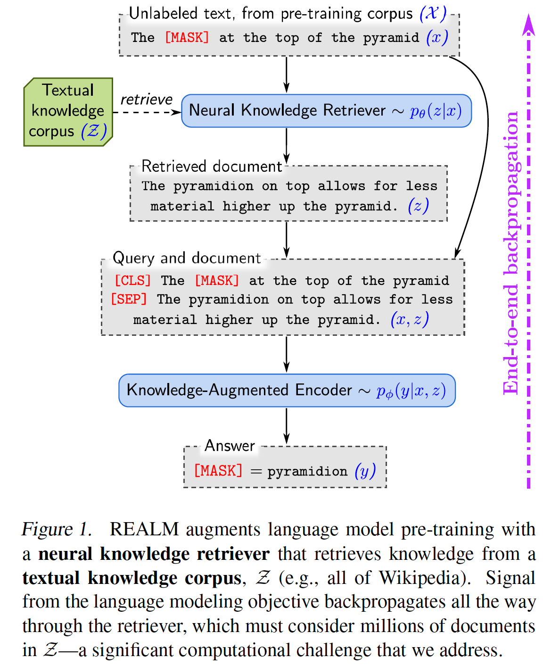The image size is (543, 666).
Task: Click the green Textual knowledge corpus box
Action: (68, 112)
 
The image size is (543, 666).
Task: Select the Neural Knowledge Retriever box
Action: (326, 111)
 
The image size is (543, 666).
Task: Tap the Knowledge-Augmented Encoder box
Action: (287, 391)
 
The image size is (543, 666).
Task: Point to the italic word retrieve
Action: (146, 100)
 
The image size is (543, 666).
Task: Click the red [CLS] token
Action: (132, 281)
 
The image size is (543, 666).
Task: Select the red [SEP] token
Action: (129, 300)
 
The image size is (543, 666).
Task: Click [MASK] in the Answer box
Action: (218, 471)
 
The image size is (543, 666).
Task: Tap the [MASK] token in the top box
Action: (187, 38)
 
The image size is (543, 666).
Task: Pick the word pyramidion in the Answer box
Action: (307, 472)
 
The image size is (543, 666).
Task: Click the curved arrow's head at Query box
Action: (457, 254)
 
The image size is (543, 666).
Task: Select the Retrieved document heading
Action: (212, 166)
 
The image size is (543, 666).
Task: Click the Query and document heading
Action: (187, 258)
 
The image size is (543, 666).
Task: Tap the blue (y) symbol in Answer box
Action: (365, 471)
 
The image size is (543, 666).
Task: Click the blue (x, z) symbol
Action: (409, 319)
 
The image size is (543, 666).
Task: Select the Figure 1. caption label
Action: (57, 529)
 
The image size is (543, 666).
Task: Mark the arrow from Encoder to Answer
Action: (287, 426)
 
